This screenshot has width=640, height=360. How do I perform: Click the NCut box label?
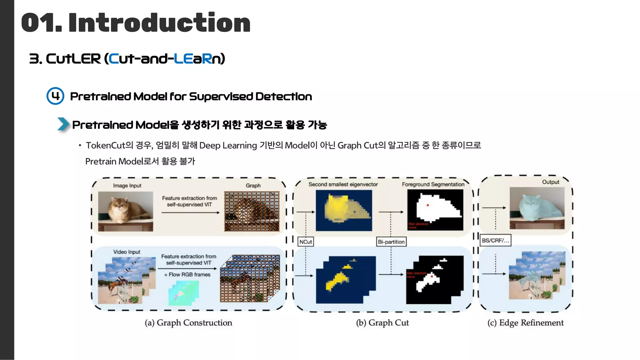point(305,242)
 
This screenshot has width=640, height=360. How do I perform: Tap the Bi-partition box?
point(391,242)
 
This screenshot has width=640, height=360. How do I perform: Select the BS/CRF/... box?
point(495,240)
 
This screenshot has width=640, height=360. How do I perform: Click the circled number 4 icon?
point(55,96)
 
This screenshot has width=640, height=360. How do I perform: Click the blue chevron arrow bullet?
point(63,124)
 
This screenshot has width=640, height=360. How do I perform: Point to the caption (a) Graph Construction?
point(188,322)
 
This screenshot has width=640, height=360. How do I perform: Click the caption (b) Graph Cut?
point(382,322)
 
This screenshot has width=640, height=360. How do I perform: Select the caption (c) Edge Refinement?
point(525,322)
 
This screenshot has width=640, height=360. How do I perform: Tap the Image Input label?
point(127,186)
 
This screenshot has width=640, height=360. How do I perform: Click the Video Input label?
point(127,252)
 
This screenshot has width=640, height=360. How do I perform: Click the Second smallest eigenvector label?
point(343,184)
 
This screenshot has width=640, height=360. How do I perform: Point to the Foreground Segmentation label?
point(433,184)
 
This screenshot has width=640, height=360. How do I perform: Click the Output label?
point(550,182)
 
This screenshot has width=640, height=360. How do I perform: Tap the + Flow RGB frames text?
point(187,274)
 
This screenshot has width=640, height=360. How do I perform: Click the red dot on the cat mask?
point(428,205)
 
